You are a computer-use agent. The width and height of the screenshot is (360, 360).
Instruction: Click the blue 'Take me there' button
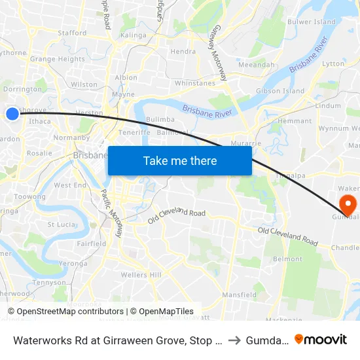click(180, 160)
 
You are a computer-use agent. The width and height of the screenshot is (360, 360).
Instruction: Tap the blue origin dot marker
click(12, 114)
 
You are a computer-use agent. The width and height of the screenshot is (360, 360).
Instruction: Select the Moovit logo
click(321, 339)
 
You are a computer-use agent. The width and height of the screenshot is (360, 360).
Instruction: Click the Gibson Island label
click(280, 90)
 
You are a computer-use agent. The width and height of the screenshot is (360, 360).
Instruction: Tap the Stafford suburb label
click(71, 32)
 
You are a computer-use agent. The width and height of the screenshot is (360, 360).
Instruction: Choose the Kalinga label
click(134, 35)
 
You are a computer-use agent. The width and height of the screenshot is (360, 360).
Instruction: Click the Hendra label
click(183, 51)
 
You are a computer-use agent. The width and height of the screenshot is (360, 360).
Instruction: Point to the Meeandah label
click(257, 65)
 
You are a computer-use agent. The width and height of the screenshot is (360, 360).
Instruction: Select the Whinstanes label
click(195, 83)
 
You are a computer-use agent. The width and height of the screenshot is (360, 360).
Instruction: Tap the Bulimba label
click(160, 119)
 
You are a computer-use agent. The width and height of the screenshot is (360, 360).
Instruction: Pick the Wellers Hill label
click(141, 275)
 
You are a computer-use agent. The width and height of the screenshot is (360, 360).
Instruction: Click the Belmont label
click(287, 259)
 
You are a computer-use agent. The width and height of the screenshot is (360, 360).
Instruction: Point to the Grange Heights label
click(58, 59)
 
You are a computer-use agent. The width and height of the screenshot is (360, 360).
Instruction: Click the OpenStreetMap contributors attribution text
click(65, 312)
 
